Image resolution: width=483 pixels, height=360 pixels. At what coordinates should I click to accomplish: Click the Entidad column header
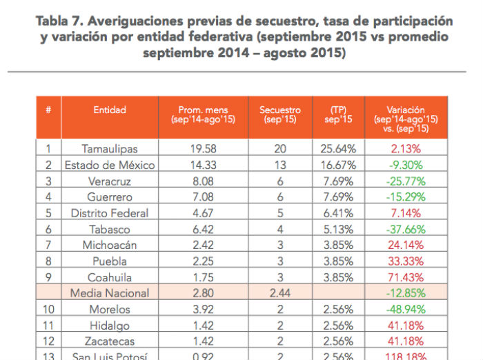tap(110, 110)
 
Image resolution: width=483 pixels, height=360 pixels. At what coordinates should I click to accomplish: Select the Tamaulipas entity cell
tap(110, 148)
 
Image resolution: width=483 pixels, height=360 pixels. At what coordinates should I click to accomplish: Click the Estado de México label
tap(110, 165)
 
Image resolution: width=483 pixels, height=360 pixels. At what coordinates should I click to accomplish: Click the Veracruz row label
tap(110, 181)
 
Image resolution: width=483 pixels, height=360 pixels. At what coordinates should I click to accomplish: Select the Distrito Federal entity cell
tap(110, 213)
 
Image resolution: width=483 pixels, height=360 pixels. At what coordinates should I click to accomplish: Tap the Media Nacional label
tap(110, 293)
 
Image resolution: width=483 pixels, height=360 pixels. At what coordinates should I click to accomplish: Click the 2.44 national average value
tap(280, 293)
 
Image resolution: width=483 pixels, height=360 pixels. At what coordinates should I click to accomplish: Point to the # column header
tap(48, 110)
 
